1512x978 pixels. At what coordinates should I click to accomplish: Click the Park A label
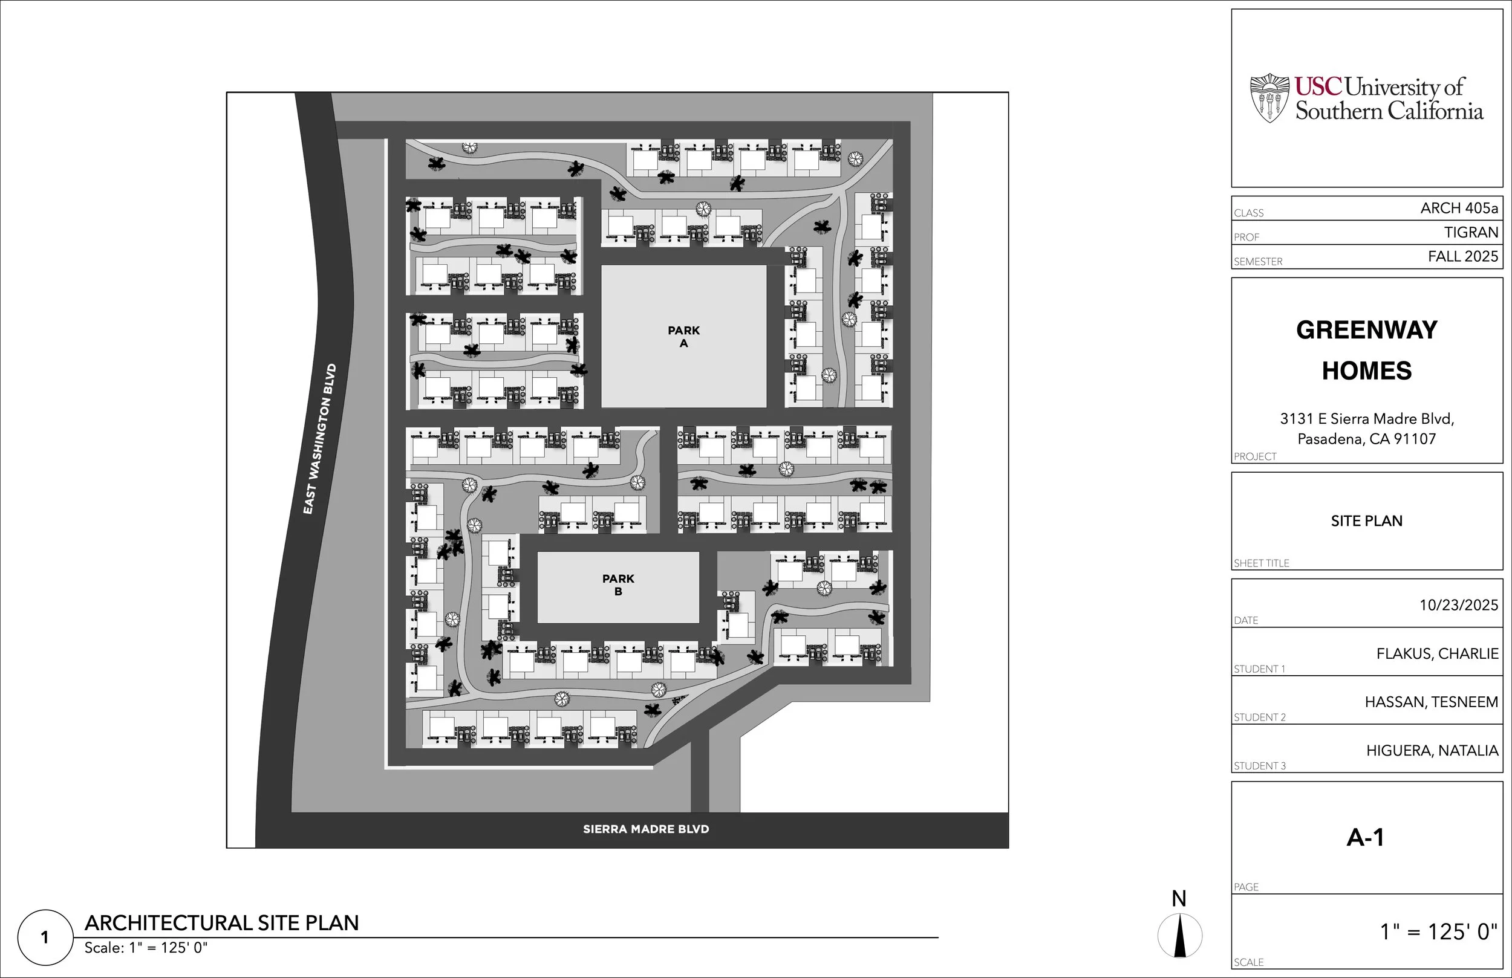coord(683,337)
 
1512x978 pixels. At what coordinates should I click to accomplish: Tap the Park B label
coord(618,585)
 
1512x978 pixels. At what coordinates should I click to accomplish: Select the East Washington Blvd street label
coord(319,439)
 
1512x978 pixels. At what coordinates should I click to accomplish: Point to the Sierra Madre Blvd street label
coord(645,829)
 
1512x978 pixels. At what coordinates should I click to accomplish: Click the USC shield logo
coord(1269,98)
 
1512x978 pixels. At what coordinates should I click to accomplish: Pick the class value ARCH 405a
coord(1459,209)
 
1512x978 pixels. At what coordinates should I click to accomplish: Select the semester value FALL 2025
coord(1462,256)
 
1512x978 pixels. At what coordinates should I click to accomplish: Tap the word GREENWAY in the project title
coord(1366,330)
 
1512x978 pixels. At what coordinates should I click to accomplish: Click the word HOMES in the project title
coord(1366,371)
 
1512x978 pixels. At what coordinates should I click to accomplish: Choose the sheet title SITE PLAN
coord(1366,521)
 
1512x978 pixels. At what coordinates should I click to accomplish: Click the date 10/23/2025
coord(1459,605)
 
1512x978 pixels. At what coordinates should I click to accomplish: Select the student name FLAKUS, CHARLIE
coord(1437,653)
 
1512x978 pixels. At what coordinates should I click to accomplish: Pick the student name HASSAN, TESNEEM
coord(1432,702)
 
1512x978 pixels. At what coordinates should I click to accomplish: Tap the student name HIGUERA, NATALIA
coord(1432,751)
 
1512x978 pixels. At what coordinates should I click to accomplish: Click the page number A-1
coord(1365,838)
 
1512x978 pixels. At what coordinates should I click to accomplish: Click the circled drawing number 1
coord(45,938)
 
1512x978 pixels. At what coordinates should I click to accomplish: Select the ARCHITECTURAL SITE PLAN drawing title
coord(222,923)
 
